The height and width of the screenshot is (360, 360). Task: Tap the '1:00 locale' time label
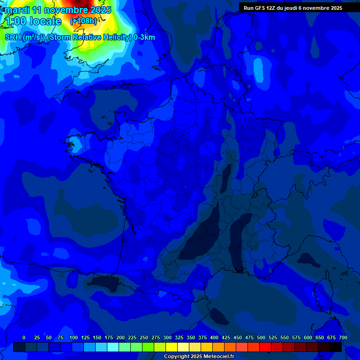tap(33, 21)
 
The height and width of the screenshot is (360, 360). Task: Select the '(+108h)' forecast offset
tap(83, 21)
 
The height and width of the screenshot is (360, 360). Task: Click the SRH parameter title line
tap(80, 37)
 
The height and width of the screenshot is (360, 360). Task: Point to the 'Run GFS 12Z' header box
tap(292, 7)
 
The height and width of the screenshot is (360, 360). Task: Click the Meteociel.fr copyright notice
tap(199, 356)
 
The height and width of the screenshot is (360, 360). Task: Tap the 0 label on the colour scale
tap(24, 337)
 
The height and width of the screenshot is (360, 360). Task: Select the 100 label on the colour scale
tap(74, 337)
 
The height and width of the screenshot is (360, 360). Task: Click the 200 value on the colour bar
tap(120, 337)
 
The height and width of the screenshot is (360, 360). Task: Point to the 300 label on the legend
tap(167, 337)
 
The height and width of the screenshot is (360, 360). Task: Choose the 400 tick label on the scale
tap(214, 337)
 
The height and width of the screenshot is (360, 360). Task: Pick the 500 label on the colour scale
tap(261, 337)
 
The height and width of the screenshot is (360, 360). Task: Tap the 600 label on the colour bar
tap(308, 337)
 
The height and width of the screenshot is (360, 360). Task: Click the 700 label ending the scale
tap(343, 337)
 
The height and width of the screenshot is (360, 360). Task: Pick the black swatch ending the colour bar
tap(336, 347)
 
